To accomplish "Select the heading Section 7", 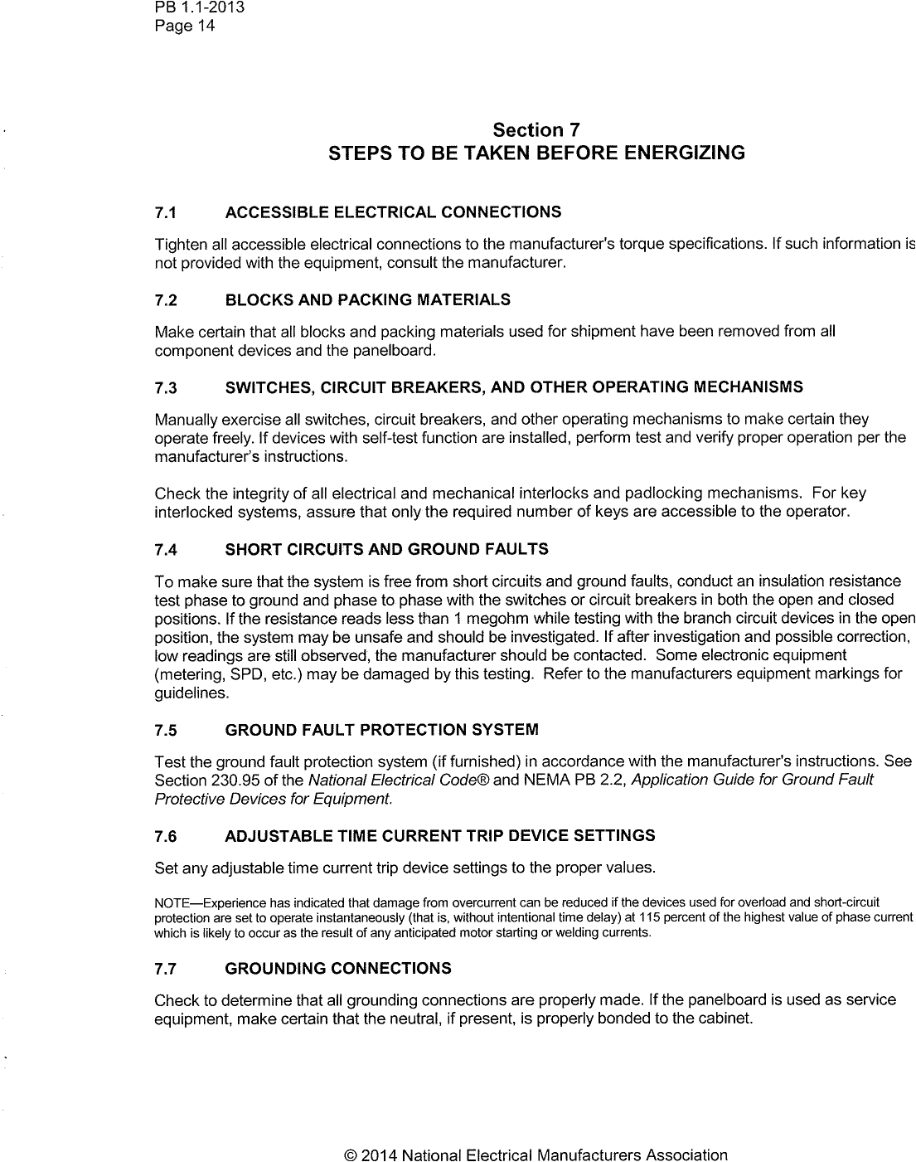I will pyautogui.click(x=536, y=130).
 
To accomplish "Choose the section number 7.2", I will pyautogui.click(x=166, y=299).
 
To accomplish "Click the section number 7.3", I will pyautogui.click(x=166, y=387).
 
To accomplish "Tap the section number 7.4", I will pyautogui.click(x=166, y=550).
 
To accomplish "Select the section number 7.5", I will pyautogui.click(x=166, y=732).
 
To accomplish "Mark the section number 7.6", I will pyautogui.click(x=166, y=835).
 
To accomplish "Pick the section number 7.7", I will pyautogui.click(x=166, y=969).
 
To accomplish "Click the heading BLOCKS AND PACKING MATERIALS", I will pyautogui.click(x=367, y=299).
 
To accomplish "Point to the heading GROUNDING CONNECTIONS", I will pyautogui.click(x=338, y=969).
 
